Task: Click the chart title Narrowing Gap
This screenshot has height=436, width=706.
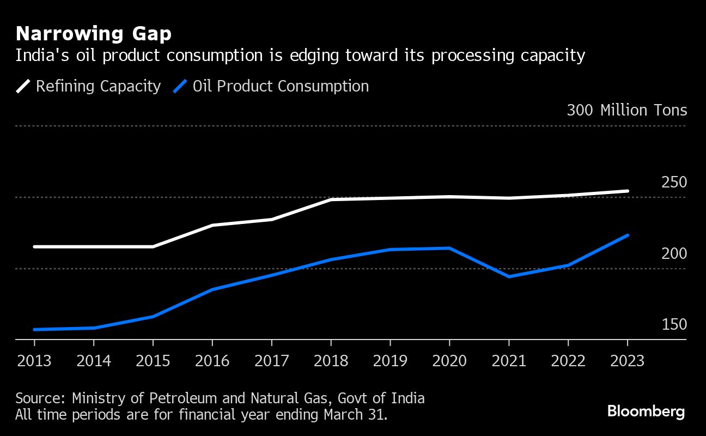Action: (x=94, y=34)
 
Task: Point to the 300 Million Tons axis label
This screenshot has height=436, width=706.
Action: (x=626, y=110)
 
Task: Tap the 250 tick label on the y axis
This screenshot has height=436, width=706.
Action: (x=674, y=183)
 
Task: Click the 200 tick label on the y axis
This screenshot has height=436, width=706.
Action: (x=674, y=253)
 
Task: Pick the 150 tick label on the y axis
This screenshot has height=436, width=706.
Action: (x=674, y=325)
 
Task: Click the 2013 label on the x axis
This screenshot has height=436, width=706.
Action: (x=34, y=361)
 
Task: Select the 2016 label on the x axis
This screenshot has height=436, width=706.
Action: (x=212, y=361)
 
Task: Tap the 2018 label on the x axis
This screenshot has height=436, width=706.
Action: (x=331, y=361)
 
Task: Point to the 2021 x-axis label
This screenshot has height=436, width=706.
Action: (x=509, y=361)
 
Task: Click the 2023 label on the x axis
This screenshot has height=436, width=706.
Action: (x=627, y=361)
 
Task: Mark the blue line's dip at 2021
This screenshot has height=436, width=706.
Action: (x=509, y=276)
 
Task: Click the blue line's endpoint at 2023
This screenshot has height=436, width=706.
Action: (x=628, y=235)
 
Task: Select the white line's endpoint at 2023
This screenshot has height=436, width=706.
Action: (x=628, y=191)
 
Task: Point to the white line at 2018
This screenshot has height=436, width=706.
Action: (x=331, y=199)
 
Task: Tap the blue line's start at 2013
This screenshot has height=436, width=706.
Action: (x=35, y=329)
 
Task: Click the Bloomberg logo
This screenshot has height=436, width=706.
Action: (x=646, y=411)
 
